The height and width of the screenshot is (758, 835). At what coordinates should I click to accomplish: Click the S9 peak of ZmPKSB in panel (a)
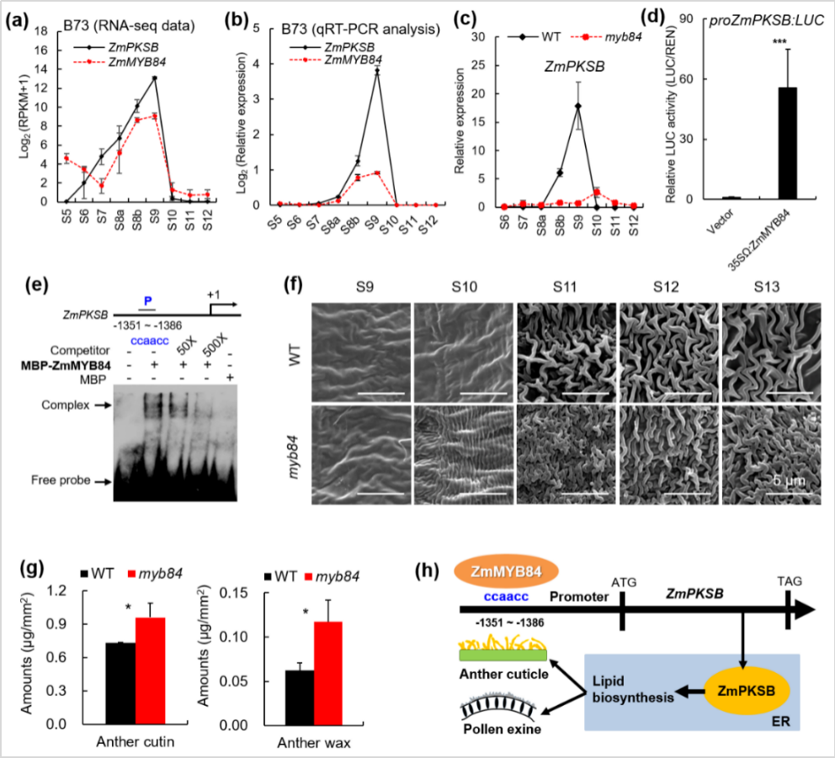pos(155,78)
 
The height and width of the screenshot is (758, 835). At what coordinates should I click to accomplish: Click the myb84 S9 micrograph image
pos(361,453)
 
